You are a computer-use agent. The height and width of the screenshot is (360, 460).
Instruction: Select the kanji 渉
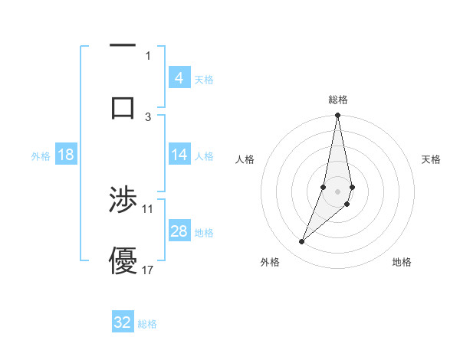tap(123, 201)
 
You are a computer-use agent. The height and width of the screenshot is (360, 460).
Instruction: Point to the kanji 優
tap(123, 260)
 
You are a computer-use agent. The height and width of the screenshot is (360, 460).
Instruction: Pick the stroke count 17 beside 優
tap(148, 270)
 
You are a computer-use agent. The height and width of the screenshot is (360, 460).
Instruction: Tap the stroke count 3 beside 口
tap(148, 116)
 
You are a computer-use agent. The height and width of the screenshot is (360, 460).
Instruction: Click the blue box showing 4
tap(179, 77)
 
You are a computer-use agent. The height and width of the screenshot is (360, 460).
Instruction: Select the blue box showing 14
tap(179, 155)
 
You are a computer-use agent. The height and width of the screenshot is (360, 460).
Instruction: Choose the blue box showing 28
tap(179, 231)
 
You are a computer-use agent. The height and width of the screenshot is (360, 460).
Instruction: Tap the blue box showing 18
tap(66, 155)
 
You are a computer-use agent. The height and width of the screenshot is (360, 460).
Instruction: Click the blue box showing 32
tap(123, 322)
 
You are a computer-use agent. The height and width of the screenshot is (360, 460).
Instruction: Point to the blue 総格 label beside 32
tap(147, 324)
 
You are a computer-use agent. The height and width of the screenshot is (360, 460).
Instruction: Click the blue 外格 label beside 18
tap(41, 156)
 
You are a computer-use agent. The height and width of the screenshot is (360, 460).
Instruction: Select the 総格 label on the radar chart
tap(338, 100)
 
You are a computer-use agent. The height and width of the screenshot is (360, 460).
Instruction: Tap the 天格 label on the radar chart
tap(431, 159)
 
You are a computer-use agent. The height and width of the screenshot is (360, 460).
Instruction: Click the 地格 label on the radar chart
tap(402, 262)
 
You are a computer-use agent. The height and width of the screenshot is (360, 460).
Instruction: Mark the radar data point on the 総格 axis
tap(337, 116)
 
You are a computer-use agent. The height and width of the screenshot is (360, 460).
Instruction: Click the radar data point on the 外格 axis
tap(301, 242)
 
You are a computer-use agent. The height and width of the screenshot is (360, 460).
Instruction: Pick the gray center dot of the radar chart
tap(337, 191)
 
